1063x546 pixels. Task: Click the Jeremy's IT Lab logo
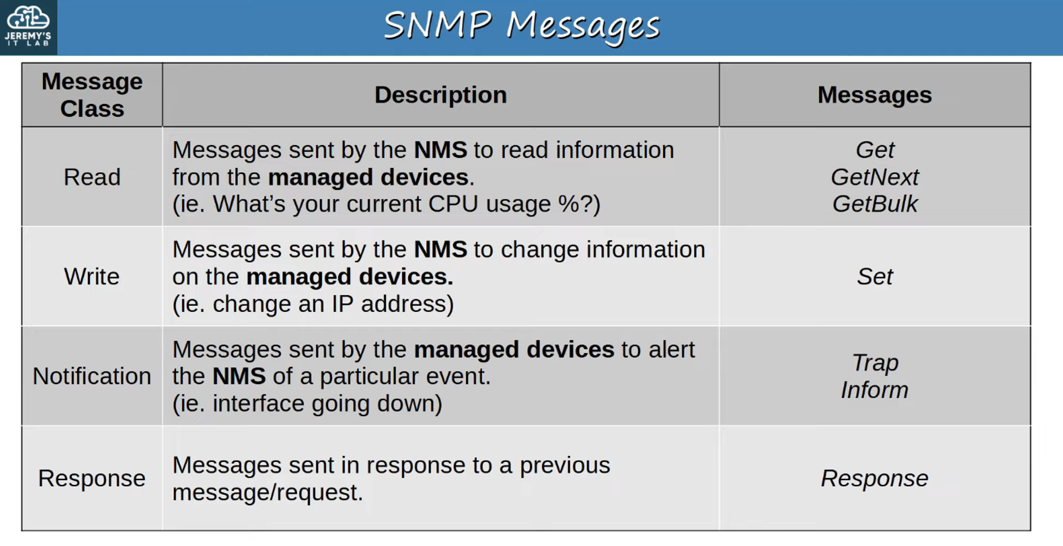pyautogui.click(x=28, y=27)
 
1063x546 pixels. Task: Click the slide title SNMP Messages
pyautogui.click(x=521, y=27)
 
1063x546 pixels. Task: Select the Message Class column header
pyautogui.click(x=92, y=95)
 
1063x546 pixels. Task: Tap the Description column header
pyautogui.click(x=441, y=95)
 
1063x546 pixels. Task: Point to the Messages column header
pyautogui.click(x=874, y=95)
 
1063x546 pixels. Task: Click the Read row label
pyautogui.click(x=92, y=177)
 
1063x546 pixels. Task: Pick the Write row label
pyautogui.click(x=92, y=277)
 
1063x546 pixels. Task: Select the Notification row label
pyautogui.click(x=92, y=376)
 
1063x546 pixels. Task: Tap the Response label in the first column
pyautogui.click(x=92, y=478)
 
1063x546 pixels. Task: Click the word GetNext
pyautogui.click(x=875, y=177)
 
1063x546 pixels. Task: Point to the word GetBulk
pyautogui.click(x=875, y=204)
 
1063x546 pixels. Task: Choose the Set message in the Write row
pyautogui.click(x=875, y=277)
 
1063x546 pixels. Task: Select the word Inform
pyautogui.click(x=875, y=390)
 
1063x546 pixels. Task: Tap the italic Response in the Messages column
pyautogui.click(x=875, y=478)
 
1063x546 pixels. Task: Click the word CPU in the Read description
pyautogui.click(x=453, y=204)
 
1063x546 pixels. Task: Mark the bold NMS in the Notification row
pyautogui.click(x=239, y=376)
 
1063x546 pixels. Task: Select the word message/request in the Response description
pyautogui.click(x=267, y=493)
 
